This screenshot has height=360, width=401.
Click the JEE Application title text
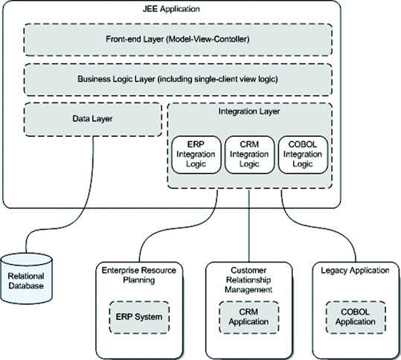click(x=171, y=9)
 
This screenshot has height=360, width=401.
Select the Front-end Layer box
click(x=178, y=39)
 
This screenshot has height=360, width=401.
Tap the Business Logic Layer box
click(x=178, y=80)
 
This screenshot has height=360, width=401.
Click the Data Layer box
click(x=93, y=120)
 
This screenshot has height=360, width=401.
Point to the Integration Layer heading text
click(x=249, y=112)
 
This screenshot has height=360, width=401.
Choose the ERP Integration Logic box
click(x=196, y=155)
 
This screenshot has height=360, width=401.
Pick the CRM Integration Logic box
click(x=249, y=155)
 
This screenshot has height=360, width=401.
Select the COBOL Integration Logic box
click(x=303, y=155)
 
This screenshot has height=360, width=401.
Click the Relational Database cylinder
click(x=26, y=279)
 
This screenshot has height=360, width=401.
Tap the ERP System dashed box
click(x=139, y=317)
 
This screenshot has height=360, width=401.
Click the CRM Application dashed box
click(x=248, y=317)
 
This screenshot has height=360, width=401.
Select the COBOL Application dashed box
click(x=356, y=317)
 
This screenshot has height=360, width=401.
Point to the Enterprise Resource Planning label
click(x=139, y=275)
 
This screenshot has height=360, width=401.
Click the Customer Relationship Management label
click(x=248, y=280)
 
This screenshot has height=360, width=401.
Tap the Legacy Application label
click(x=355, y=271)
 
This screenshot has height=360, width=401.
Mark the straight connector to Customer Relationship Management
click(x=249, y=225)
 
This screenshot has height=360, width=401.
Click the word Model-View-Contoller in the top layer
click(x=208, y=39)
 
